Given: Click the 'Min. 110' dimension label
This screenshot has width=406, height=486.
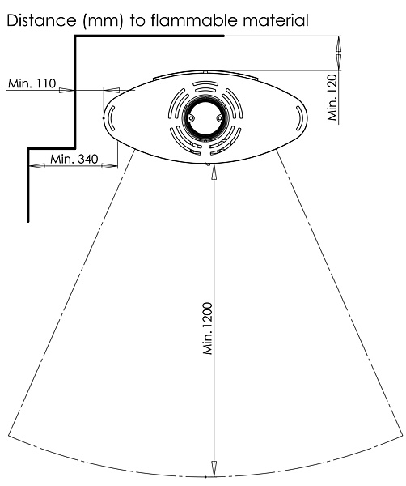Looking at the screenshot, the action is [x=32, y=83].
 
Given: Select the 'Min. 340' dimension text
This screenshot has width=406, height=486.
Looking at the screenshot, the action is [x=74, y=159].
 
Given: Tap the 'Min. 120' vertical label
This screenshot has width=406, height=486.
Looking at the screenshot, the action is [x=332, y=97].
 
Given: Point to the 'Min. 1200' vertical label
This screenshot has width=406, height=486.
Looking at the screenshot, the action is [x=208, y=328].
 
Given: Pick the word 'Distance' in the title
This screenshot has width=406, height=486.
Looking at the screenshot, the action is [x=41, y=20].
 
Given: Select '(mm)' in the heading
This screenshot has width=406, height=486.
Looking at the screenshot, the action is [x=103, y=21].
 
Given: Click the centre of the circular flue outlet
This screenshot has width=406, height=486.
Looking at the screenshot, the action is [x=205, y=118].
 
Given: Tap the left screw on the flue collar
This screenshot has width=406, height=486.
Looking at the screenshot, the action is [x=191, y=117].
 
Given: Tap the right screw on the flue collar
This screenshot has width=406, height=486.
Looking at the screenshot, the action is [x=219, y=118].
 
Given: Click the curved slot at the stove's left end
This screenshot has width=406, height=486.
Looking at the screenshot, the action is [x=112, y=118].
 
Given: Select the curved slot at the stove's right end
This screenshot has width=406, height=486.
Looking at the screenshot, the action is [x=299, y=118].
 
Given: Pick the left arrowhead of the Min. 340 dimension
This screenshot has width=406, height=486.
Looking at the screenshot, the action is [x=37, y=166].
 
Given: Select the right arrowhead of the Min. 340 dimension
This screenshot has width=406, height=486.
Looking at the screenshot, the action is [x=109, y=166].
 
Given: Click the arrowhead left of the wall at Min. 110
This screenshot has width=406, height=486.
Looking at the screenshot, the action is [x=66, y=90].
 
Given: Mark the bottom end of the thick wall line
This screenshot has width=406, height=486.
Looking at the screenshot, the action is [x=28, y=221].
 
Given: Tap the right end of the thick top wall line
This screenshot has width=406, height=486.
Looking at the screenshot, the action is [x=223, y=36].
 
